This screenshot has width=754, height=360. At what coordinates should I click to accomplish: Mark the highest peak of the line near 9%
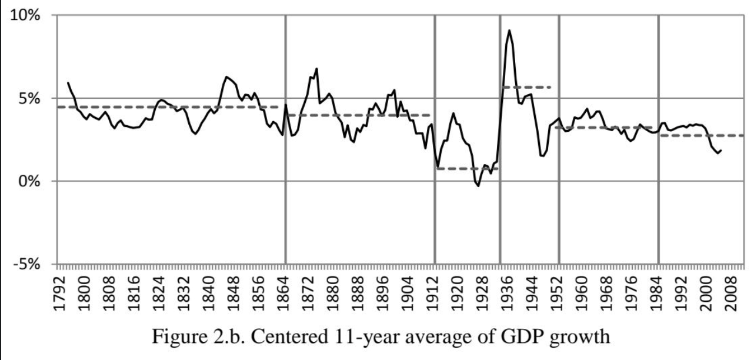pos(509,31)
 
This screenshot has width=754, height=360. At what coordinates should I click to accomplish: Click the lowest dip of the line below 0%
pos(478,186)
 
